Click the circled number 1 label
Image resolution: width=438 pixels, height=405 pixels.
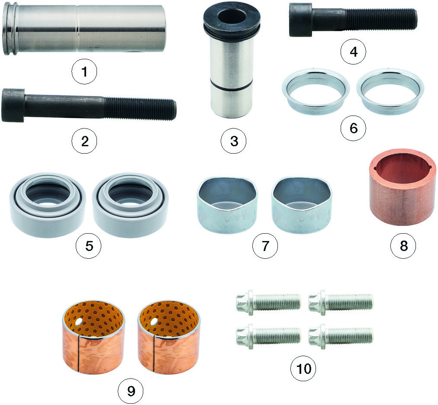click(84, 71)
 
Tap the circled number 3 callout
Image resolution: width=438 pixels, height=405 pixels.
click(234, 141)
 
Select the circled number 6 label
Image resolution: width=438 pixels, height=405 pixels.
click(353, 128)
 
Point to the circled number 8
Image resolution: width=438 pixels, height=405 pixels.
click(403, 246)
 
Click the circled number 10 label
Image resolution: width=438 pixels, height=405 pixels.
click(303, 368)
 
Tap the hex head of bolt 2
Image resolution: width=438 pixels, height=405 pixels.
click(13, 105)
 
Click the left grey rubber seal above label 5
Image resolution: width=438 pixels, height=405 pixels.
click(48, 205)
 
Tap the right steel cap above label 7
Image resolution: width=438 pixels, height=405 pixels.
click(301, 206)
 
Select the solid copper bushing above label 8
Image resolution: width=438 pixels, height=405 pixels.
click(403, 186)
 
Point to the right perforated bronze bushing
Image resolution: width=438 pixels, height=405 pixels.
click(169, 337)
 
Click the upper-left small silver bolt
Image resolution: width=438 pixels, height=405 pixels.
click(268, 303)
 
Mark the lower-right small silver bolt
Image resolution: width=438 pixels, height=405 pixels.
click(341, 336)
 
